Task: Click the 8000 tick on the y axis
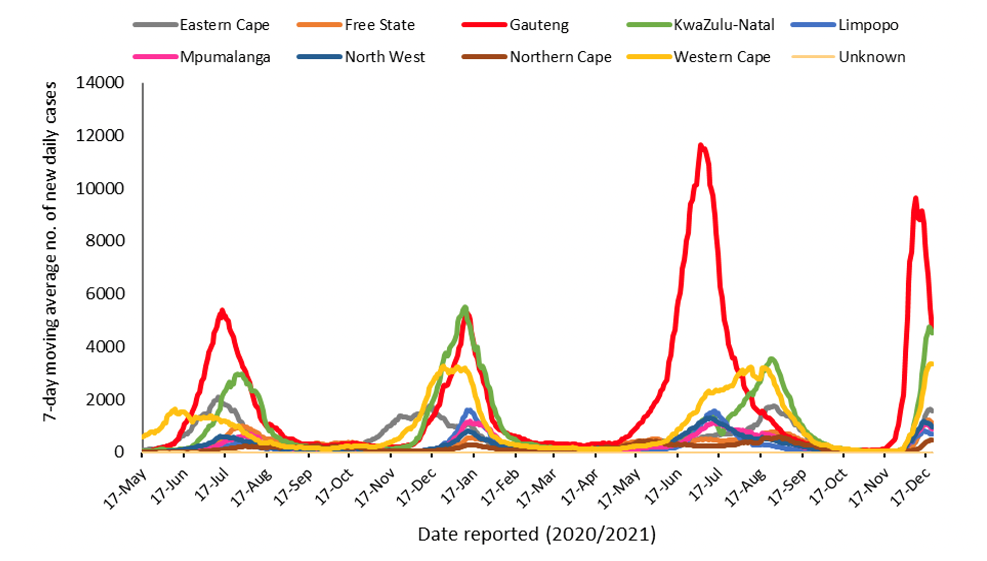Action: [x=105, y=241]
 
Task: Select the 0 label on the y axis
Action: [x=119, y=452]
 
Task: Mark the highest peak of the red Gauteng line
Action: [x=700, y=145]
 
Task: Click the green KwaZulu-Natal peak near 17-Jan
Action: [x=465, y=307]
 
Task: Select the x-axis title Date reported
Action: [x=536, y=535]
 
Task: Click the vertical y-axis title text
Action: [x=50, y=252]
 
